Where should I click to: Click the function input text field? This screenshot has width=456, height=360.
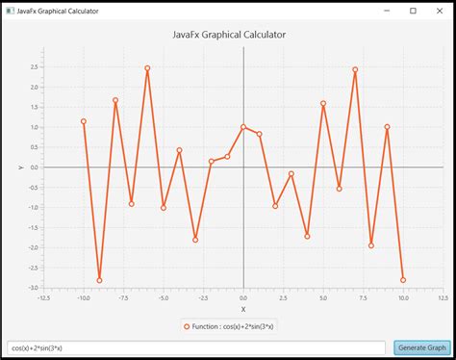pos(196,347)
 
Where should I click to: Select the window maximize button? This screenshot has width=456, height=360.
pos(413,11)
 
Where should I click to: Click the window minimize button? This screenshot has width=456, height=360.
pos(386,11)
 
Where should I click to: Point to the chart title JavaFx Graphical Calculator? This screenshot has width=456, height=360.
pos(229,35)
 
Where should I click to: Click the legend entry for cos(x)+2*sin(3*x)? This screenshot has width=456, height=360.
pos(229,325)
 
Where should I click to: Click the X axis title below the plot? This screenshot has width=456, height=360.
pos(243,309)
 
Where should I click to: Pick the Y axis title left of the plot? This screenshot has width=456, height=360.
pos(20,167)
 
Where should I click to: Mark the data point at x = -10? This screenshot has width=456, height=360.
pos(84,121)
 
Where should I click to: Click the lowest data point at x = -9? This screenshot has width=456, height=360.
pos(99,280)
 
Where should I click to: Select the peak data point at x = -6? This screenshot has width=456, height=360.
pos(147,68)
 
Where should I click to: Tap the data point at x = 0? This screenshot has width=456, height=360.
pos(243,127)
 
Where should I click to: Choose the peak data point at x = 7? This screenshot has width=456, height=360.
pos(355,69)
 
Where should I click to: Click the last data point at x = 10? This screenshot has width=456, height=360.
pos(403,279)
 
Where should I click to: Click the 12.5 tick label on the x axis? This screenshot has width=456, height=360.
pos(443,298)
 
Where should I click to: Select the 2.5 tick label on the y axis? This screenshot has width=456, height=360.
pos(34,66)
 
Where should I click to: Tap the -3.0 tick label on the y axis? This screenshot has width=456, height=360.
pos(33,287)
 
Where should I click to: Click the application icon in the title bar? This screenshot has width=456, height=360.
pos(9,11)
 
